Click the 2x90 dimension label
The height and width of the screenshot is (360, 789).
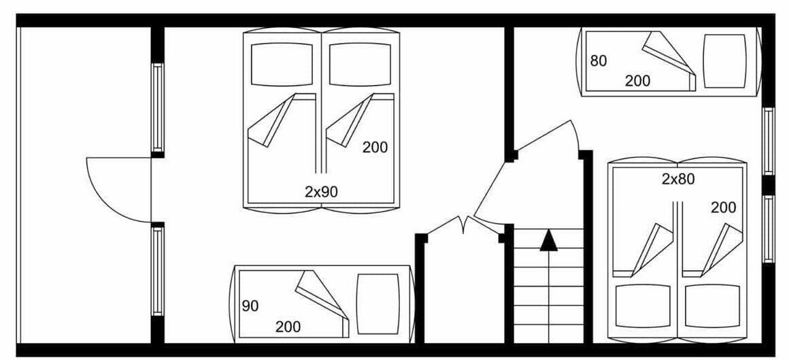point(321,191)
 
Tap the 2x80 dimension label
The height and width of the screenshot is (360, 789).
point(678,179)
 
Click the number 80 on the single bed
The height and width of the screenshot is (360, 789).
point(599,61)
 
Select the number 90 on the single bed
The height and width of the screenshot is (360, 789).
point(250,306)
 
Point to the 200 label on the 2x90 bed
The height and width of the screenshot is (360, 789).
point(375,148)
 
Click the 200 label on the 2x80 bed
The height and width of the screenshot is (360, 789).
point(724,207)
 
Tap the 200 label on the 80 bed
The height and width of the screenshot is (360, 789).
point(637,80)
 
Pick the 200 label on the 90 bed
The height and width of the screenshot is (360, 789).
point(288,327)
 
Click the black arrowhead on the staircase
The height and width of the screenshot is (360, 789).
point(548,240)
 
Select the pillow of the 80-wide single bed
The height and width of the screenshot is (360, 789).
point(724,61)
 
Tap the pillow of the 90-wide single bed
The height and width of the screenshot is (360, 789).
point(378,304)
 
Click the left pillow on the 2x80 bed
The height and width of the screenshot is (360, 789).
point(643,306)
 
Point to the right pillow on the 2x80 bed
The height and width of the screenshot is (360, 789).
point(713,306)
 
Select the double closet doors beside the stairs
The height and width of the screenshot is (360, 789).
point(464,224)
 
